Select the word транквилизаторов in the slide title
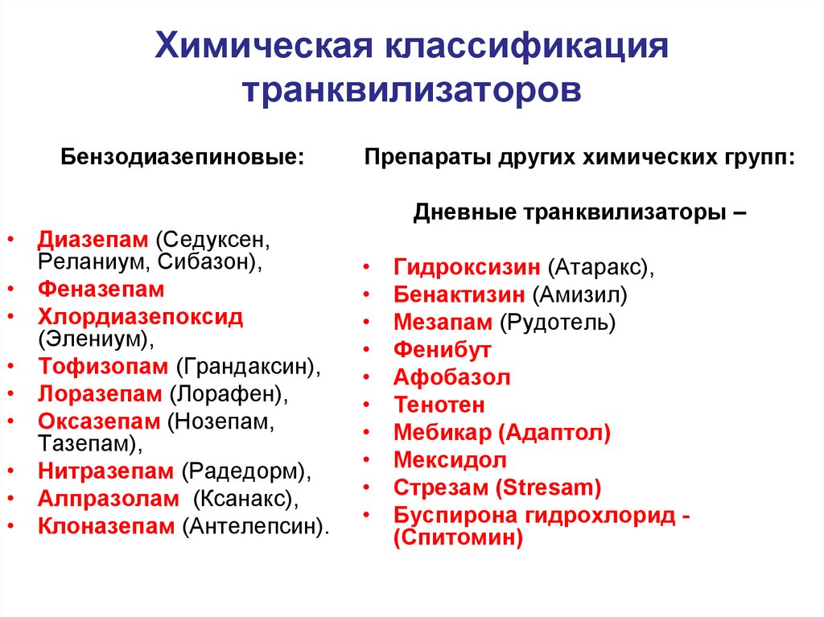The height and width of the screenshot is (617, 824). tap(412, 89)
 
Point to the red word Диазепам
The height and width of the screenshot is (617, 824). tap(93, 240)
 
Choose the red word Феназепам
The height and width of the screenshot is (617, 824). tap(101, 289)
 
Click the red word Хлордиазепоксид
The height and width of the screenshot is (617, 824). tap(140, 316)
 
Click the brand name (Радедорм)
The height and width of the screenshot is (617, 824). tap(245, 471)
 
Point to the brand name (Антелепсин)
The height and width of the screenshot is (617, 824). tap(256, 526)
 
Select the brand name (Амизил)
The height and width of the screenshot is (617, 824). tap(579, 294)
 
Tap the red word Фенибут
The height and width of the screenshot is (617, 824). tap(442, 350)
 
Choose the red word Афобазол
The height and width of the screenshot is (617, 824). tap(452, 377)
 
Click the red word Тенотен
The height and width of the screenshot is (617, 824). tap(439, 405)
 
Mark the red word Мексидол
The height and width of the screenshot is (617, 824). tap(451, 460)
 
